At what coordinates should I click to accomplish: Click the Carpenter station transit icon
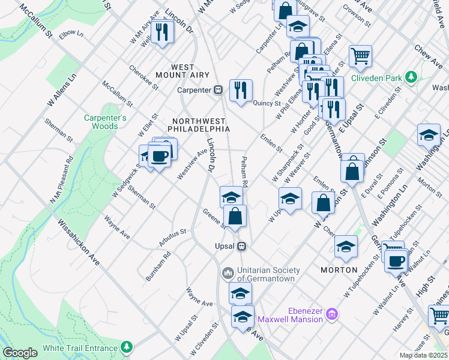coord(218,90)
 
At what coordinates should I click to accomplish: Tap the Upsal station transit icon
coord(242,246)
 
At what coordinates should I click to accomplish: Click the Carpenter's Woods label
coord(105,122)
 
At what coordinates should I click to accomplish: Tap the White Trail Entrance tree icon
coord(127,347)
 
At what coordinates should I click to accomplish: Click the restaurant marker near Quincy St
coord(241,91)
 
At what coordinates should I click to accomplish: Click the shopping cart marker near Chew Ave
coord(360,56)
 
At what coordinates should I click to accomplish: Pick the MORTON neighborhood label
coord(339,270)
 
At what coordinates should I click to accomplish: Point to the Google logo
coord(20,352)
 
